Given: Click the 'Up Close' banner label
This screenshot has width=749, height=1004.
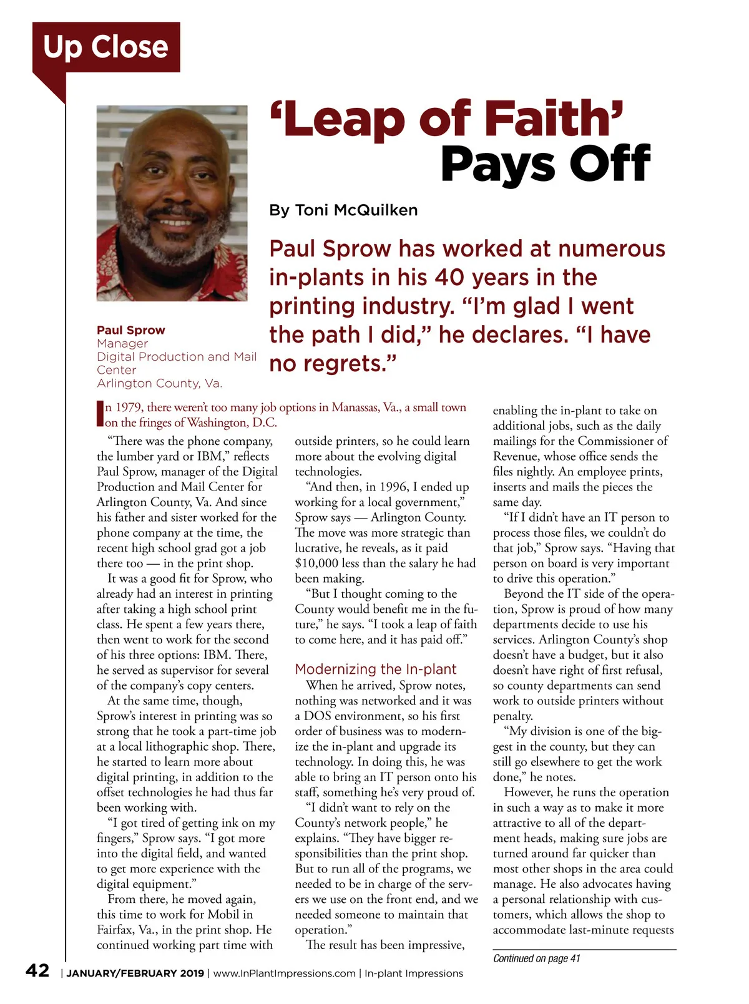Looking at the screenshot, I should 105,47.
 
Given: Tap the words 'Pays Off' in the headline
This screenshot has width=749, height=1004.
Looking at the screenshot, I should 546,164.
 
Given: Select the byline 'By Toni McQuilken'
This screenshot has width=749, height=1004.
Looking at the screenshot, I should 343,210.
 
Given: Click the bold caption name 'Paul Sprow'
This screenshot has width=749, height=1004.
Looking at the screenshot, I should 131,330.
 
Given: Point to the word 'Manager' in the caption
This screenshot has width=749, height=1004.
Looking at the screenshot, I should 122,343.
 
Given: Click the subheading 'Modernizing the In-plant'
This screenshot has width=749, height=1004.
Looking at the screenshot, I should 376,670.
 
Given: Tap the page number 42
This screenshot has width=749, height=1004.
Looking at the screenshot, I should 37,970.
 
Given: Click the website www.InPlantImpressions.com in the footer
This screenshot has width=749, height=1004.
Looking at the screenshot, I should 284,973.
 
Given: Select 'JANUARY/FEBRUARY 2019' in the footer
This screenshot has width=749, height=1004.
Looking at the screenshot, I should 135,973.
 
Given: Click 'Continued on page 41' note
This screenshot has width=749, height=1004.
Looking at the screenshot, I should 536,958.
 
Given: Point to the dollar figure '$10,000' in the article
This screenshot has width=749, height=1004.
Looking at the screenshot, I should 316,563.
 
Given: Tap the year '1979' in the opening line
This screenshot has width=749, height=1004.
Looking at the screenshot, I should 128,407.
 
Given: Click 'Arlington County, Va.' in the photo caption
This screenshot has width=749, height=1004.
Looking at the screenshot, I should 159,383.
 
